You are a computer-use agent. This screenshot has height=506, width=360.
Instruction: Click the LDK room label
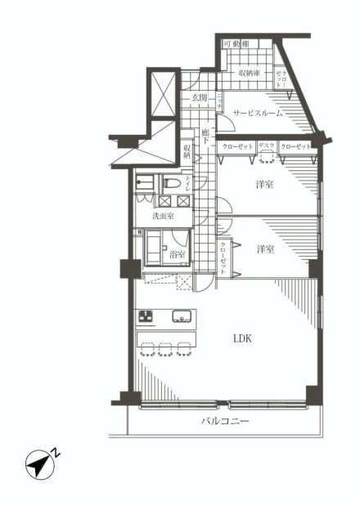(241, 338)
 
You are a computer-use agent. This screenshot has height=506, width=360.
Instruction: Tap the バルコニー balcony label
(224, 422)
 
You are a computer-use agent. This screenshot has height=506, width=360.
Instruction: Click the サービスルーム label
(259, 114)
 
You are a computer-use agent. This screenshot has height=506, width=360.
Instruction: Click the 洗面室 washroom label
(163, 216)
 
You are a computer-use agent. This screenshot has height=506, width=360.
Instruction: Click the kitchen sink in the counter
(181, 317)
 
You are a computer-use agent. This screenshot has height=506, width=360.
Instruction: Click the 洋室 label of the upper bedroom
(263, 186)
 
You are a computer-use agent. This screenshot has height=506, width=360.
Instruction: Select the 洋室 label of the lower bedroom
(263, 249)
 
